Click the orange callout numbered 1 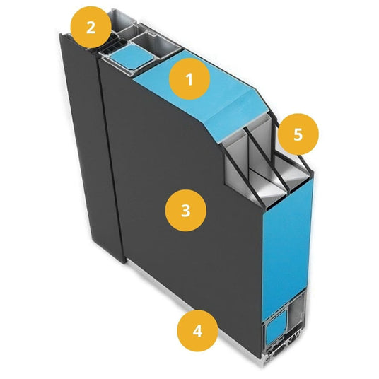point(189,79)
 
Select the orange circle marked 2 point(91,27)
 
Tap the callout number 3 point(186,210)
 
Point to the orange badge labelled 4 point(197,331)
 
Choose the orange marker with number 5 point(298,134)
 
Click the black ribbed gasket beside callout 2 point(110,46)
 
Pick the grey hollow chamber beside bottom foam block point(297,312)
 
